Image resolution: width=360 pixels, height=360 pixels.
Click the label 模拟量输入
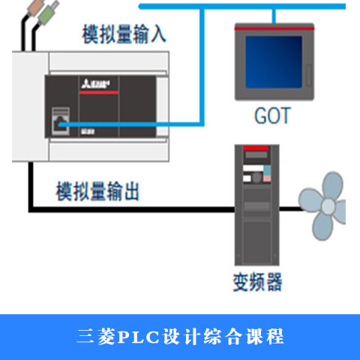tap(124, 34)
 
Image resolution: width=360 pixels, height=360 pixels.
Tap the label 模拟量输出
tap(97, 191)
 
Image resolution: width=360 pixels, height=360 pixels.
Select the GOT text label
tap(272, 115)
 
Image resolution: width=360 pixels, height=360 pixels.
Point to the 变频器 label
tap(257, 282)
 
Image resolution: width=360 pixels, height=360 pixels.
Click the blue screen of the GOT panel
tap(274, 62)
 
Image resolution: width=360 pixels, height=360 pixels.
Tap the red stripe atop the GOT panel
tap(274, 28)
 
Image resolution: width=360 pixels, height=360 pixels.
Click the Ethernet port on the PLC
tap(61, 121)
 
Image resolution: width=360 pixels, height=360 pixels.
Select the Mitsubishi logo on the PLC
tap(95, 84)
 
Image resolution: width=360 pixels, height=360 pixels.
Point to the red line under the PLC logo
tap(99, 92)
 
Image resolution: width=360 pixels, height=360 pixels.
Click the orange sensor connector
tap(36, 7)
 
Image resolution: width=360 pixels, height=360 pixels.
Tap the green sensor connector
tap(47, 13)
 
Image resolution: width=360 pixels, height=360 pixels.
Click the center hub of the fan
tap(328, 206)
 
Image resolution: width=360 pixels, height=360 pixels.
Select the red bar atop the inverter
tap(256, 148)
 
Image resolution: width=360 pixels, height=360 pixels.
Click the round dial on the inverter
tap(257, 177)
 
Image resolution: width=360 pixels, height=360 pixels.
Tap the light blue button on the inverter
tap(267, 170)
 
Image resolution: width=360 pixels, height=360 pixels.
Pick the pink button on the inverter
tap(267, 178)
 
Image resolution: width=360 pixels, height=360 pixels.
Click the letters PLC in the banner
tap(138, 337)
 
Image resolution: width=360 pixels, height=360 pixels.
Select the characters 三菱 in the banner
tap(96, 337)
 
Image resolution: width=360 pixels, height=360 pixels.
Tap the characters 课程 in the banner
tap(265, 337)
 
